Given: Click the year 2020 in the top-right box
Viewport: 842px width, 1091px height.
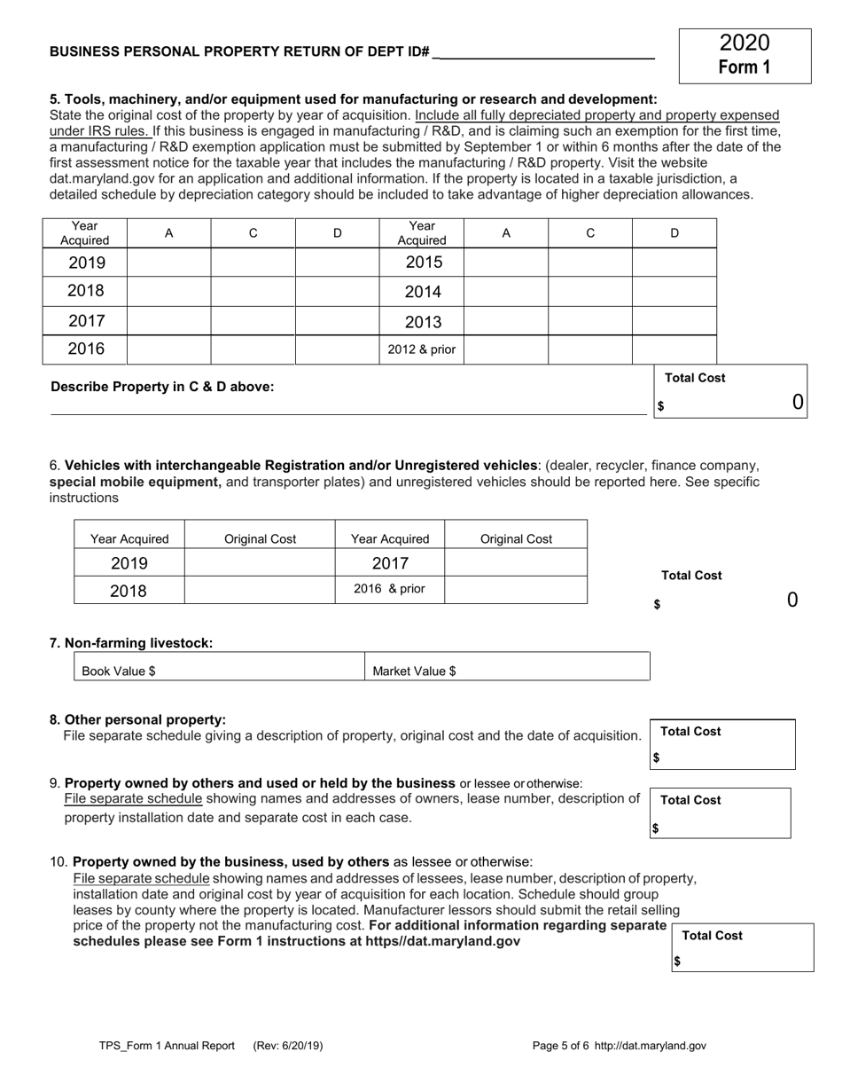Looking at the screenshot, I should coord(745,43).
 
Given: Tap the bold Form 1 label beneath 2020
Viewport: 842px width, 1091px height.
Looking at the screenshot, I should coord(745,67).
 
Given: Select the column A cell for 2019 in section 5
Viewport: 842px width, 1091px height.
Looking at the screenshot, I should coord(168,263).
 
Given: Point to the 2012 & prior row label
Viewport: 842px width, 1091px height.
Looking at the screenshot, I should coord(422,349).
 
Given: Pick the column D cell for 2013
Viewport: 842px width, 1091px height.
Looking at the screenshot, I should coord(674,321).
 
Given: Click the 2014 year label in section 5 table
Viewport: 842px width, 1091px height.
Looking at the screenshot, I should coord(422,292).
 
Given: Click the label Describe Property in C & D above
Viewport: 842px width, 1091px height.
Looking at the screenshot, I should coord(162,387).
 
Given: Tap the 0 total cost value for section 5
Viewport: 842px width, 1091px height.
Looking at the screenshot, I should coord(797,403).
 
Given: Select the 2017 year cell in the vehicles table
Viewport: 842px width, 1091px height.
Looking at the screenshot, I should coord(390,563).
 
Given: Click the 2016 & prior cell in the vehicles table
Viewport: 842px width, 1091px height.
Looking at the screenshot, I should coord(390,589).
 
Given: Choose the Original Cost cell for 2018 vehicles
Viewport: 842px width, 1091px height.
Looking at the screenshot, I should coord(260,590).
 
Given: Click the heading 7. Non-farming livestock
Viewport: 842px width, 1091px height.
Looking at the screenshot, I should coord(131,643).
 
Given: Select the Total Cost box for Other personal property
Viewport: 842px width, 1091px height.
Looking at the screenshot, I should coord(723,745).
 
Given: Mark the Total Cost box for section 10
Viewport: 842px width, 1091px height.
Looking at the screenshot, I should coord(743,948).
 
